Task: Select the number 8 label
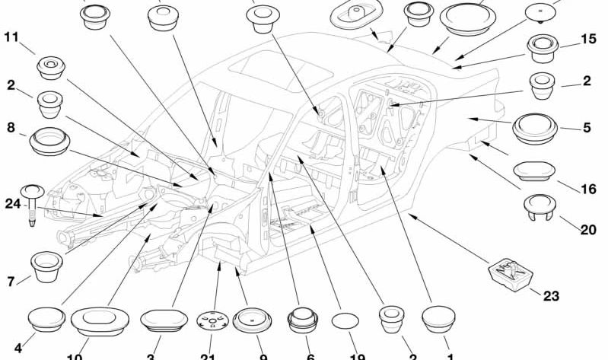tap(11, 128)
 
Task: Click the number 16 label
tap(588, 189)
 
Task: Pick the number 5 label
tap(587, 128)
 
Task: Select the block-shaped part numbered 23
tap(511, 272)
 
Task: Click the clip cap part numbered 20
tap(542, 207)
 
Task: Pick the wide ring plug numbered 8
tap(49, 142)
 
